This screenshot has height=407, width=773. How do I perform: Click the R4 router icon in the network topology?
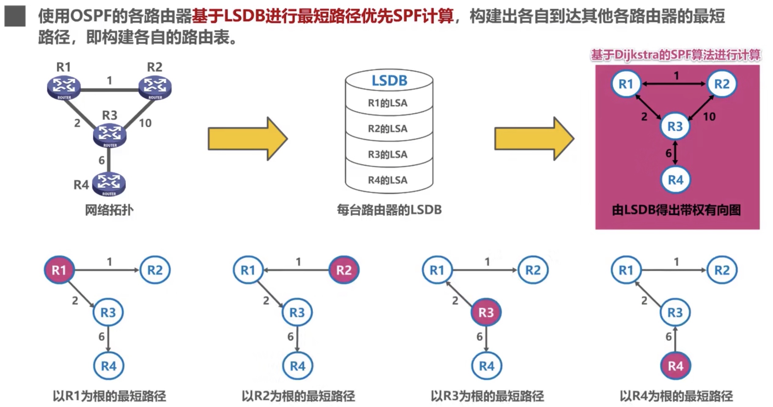tap(109, 184)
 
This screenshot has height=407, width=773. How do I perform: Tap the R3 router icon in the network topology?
tap(110, 135)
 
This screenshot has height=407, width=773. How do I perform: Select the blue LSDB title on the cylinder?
tap(389, 81)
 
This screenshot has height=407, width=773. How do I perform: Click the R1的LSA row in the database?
tap(388, 103)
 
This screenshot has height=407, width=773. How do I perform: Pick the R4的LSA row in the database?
tap(388, 180)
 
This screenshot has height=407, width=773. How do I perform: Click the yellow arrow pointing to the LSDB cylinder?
tap(247, 139)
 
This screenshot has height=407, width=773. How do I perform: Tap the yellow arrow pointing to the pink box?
tap(534, 139)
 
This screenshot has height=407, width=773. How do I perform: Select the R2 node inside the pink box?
tap(722, 84)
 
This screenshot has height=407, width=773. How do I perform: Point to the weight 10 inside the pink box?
tap(709, 116)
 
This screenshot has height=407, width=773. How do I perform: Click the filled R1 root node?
tap(59, 270)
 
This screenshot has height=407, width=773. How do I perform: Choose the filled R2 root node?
tap(344, 270)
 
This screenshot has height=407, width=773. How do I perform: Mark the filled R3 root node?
tap(486, 312)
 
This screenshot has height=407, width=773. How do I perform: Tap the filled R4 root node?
tap(675, 366)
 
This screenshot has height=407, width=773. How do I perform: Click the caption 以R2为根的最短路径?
tap(298, 396)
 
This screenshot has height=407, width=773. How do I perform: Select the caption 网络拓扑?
tap(109, 210)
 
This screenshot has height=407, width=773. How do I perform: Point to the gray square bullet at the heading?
tap(15, 16)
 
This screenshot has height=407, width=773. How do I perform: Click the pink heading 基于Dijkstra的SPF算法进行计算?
tap(675, 55)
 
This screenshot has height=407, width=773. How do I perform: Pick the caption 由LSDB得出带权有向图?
tap(676, 210)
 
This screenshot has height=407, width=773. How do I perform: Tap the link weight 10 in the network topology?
tap(145, 123)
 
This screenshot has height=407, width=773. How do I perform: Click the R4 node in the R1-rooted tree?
tap(109, 366)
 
